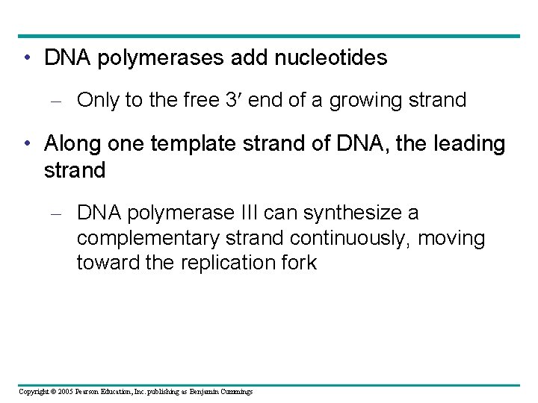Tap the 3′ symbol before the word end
(x=234, y=100)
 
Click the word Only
(x=98, y=100)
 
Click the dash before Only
(x=60, y=101)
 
